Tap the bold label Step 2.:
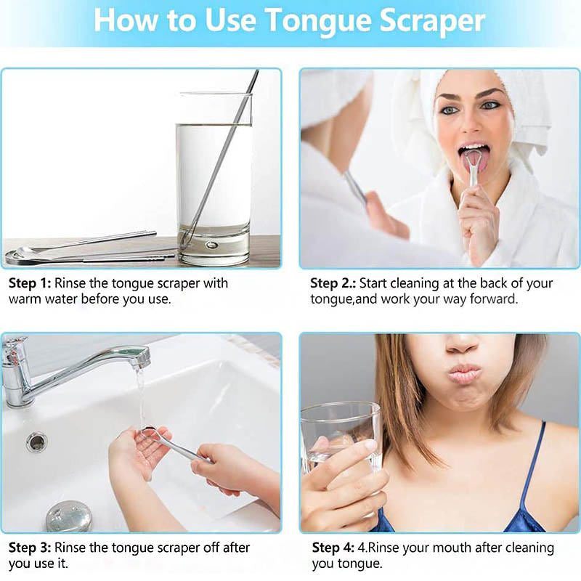click(333, 283)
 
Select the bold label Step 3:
click(30, 547)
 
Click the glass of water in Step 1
click(214, 178)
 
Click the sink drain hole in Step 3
click(36, 441)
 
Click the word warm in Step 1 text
click(25, 298)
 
